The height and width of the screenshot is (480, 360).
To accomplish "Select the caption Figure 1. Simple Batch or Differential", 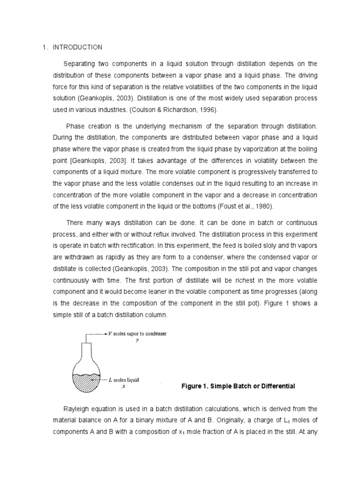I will point(238,386).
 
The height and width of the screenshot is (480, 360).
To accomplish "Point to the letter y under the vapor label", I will point(137,340).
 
